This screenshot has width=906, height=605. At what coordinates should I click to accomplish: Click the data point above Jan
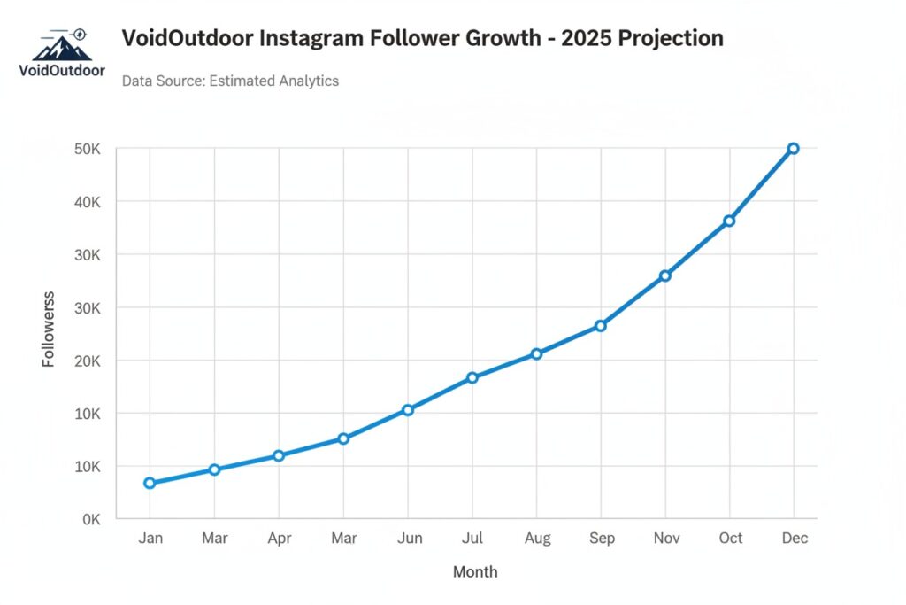[x=150, y=483]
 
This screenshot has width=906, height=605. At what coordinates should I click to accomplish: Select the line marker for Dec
[x=793, y=149]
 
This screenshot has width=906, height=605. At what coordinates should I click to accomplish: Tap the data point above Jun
[x=408, y=410]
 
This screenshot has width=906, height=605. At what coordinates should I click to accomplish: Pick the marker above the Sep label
[x=601, y=326]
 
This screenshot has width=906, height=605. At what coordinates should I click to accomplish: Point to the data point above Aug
[x=536, y=354]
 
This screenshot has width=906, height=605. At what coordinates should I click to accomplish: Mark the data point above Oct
[x=729, y=221]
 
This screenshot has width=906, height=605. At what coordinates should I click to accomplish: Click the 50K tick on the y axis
[x=88, y=149]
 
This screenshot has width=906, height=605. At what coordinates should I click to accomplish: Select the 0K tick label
[x=91, y=519]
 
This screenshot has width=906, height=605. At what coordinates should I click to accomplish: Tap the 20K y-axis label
[x=88, y=361]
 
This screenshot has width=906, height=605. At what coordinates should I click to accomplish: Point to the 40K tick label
[x=88, y=202]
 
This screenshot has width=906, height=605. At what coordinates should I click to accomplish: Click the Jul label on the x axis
[x=472, y=539]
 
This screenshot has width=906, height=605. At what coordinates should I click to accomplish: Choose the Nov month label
[x=665, y=539]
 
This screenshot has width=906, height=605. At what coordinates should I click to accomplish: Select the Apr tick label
[x=279, y=539]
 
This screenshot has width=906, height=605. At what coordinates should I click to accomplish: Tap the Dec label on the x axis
[x=795, y=539]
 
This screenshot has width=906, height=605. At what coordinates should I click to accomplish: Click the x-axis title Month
[x=475, y=572]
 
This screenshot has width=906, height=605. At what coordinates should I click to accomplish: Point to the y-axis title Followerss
[x=49, y=329]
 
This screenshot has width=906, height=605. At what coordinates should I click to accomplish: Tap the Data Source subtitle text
[x=230, y=81]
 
